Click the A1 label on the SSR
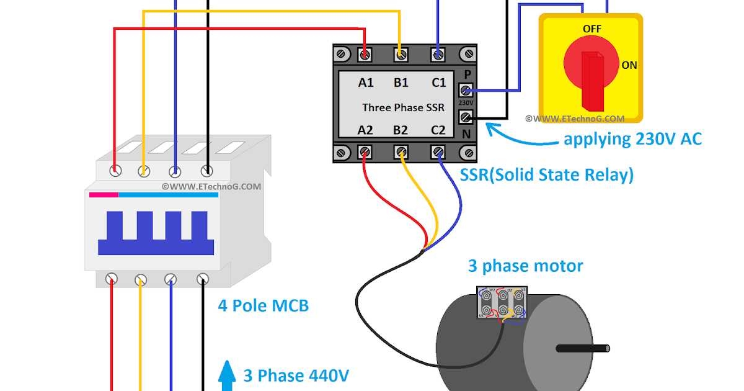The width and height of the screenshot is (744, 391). coord(366,83)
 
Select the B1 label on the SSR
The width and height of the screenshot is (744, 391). coord(401,83)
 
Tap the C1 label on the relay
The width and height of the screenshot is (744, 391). coord(438,83)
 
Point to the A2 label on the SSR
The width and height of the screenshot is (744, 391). coord(366,130)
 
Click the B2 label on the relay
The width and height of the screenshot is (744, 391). coord(401,130)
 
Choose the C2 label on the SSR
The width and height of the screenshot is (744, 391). coord(438,130)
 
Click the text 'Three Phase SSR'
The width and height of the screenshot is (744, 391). coord(403,107)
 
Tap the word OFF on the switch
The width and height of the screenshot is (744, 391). coord(592,29)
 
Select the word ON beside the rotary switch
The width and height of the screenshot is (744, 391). coord(629,65)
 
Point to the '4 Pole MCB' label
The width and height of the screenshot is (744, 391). coord(263,305)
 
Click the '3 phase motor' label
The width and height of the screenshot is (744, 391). coord(525,266)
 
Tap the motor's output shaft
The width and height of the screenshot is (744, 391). coord(583,348)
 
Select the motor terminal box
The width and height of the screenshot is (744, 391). coord(502,303)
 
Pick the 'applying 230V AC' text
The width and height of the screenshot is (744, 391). coord(632,139)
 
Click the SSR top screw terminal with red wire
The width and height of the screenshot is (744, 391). coord(366,55)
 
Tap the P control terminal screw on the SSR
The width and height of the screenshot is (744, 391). coord(466,90)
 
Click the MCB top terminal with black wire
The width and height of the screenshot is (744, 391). coord(206,170)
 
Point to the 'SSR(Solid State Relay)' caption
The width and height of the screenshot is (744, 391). coord(547,175)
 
